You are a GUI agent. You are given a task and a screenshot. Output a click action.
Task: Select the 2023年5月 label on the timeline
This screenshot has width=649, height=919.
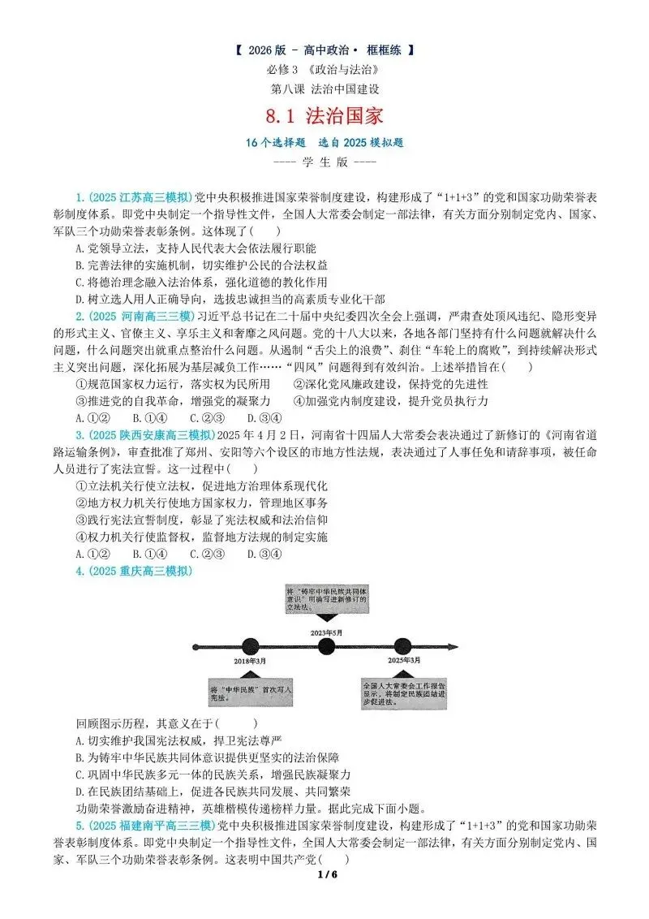pyautogui.click(x=326, y=631)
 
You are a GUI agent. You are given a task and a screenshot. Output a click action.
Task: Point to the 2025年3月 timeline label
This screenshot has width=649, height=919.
pyautogui.click(x=404, y=661)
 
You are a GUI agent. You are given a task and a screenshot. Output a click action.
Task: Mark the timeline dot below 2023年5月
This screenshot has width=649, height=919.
pyautogui.click(x=326, y=646)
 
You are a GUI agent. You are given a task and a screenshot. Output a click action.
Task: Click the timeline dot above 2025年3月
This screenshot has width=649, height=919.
pyautogui.click(x=403, y=646)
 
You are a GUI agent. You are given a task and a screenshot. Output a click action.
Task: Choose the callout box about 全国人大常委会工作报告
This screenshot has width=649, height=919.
pyautogui.click(x=404, y=694)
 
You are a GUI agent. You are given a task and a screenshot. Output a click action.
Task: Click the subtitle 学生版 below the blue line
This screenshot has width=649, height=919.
pyautogui.click(x=324, y=162)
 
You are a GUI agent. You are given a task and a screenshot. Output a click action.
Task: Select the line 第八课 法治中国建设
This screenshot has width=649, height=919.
pyautogui.click(x=324, y=88)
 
